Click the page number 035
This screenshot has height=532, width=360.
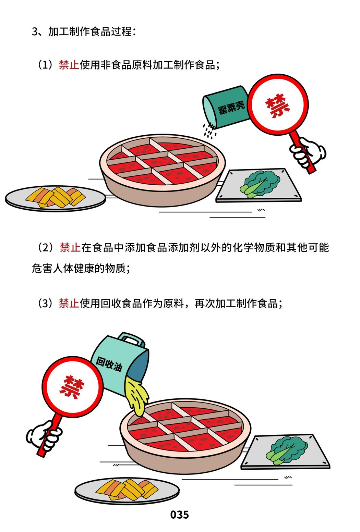coord(180,515)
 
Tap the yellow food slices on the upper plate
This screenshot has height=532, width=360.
coord(56,197)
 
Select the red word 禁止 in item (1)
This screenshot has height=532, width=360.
coord(69,65)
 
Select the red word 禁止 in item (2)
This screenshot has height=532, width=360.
coord(70,247)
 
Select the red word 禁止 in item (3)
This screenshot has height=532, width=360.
coord(69,303)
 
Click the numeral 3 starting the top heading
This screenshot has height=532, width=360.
coord(35,32)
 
